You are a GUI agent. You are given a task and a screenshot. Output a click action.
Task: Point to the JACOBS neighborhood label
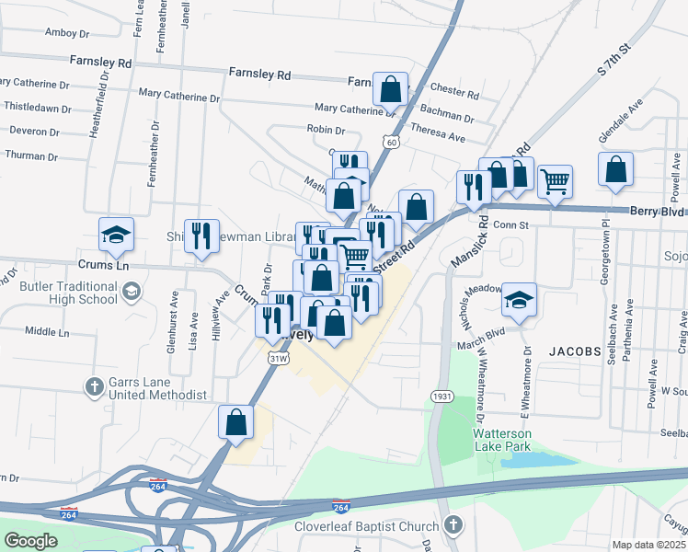click(575, 351)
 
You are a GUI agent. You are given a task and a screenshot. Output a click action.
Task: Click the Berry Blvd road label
click(656, 211)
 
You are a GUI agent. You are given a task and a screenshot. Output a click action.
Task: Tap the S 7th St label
click(615, 58)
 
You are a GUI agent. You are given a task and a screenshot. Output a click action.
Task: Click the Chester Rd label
click(454, 94)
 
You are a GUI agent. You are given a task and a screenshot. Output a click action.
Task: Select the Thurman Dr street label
click(31, 156)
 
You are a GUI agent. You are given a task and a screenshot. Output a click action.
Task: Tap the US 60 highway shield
click(392, 143)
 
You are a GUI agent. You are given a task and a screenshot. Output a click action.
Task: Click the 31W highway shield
click(278, 359)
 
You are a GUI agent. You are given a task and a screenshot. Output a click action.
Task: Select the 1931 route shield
click(440, 396)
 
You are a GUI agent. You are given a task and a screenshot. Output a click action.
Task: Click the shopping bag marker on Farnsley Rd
click(391, 90)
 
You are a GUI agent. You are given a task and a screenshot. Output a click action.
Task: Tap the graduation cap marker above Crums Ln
click(117, 235)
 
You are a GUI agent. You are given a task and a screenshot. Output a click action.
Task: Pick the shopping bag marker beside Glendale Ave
click(615, 169)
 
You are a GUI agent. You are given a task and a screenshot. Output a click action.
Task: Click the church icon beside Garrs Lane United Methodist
click(94, 387)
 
